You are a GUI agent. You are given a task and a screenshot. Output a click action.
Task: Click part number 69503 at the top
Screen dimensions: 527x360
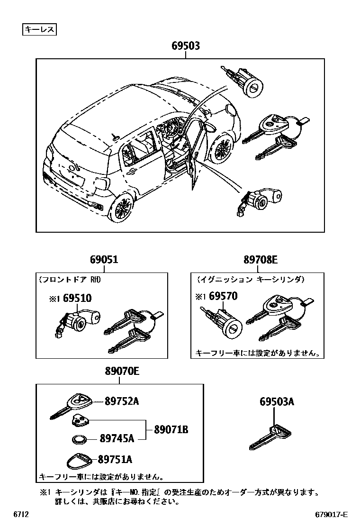[x=185, y=46]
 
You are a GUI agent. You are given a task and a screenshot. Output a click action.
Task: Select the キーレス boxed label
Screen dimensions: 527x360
[x=40, y=30]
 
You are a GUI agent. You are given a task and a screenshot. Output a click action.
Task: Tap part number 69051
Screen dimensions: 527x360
[x=104, y=260]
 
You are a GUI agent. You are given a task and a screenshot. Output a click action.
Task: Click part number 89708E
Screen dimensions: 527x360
[x=261, y=260]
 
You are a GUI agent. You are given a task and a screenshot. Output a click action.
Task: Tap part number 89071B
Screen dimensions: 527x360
[x=171, y=430]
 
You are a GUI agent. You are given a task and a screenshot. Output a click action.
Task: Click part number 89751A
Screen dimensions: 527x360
[x=115, y=459]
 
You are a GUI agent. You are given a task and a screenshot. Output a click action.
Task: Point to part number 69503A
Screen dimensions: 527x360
[x=277, y=402]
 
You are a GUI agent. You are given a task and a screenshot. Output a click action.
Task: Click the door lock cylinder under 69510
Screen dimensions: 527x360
[x=78, y=323]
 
